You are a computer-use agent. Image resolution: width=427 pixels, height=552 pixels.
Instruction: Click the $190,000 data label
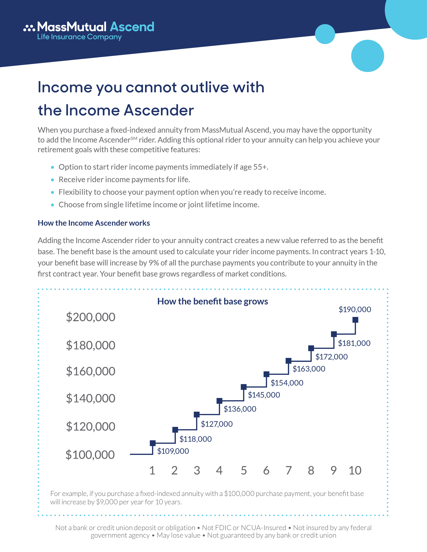click(355, 309)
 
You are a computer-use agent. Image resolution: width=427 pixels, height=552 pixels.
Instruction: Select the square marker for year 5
click(244, 387)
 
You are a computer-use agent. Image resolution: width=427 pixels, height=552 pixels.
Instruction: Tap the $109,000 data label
click(173, 451)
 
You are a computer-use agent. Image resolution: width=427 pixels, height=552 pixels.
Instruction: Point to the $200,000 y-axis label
click(91, 317)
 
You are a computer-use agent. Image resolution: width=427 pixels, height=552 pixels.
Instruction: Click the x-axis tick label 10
click(355, 471)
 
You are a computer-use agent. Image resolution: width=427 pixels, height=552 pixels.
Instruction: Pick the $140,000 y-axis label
click(91, 398)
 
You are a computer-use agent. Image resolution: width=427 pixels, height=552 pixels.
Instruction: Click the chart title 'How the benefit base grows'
click(212, 301)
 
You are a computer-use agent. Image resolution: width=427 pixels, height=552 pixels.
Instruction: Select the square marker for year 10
click(355, 320)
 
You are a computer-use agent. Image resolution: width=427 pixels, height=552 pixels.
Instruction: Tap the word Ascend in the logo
click(132, 27)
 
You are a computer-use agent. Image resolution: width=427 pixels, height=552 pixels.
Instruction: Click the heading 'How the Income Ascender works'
click(94, 223)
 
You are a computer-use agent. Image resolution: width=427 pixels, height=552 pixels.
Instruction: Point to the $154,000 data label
click(287, 383)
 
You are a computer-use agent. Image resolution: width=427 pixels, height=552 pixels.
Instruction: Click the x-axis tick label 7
click(289, 471)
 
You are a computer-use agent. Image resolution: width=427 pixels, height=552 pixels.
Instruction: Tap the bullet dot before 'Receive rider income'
click(53, 180)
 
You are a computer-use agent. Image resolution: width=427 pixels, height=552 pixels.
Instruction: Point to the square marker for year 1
click(153, 443)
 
